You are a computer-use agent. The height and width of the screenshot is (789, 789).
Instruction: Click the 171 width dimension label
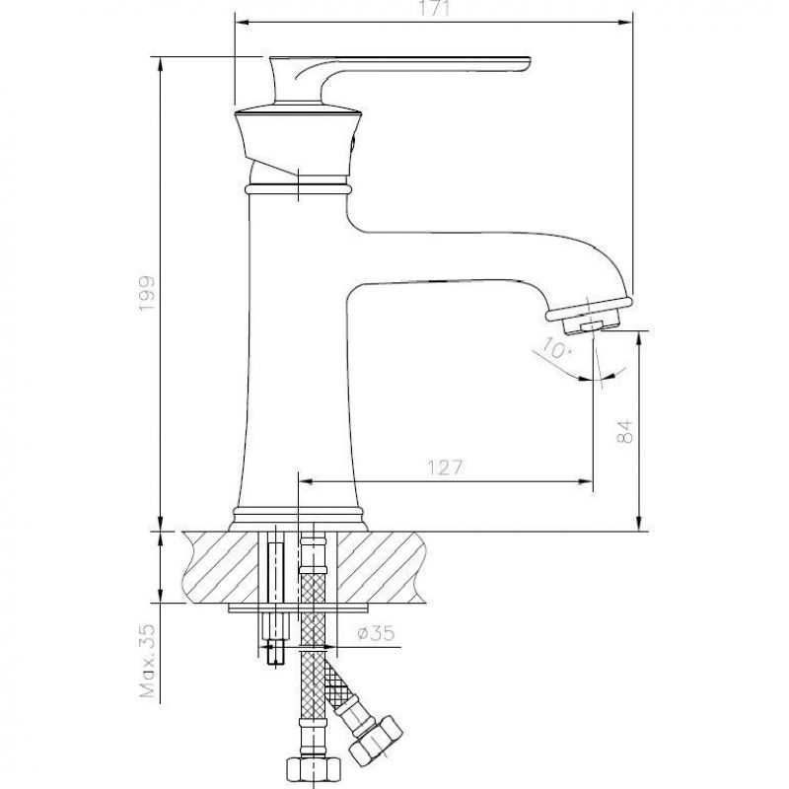tap(434, 9)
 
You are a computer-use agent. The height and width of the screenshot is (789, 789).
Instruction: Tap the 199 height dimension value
tap(147, 293)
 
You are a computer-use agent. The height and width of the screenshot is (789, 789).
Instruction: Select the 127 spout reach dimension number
tap(445, 467)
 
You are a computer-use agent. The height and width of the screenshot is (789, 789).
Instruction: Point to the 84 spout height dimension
tap(624, 430)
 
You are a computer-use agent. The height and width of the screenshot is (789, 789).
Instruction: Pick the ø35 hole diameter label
tap(376, 632)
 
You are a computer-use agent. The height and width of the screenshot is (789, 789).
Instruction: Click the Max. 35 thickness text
tap(147, 661)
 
